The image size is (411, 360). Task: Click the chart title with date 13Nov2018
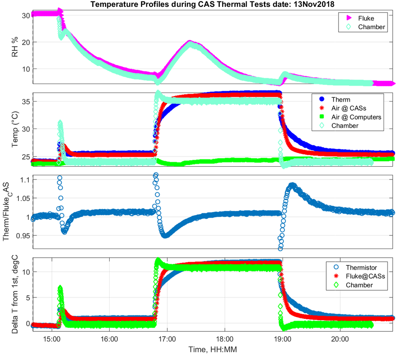pos(213,4)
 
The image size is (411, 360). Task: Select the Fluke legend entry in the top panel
pos(366,18)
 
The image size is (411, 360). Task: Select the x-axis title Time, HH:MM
pos(213,349)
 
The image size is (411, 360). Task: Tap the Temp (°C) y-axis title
pos(15,129)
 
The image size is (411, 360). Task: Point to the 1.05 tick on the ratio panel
pos(22,198)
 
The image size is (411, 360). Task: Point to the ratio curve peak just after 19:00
pos(292,185)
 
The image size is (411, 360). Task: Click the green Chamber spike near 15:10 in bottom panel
pos(60,288)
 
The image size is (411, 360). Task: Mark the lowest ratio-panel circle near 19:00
pos(280,248)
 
